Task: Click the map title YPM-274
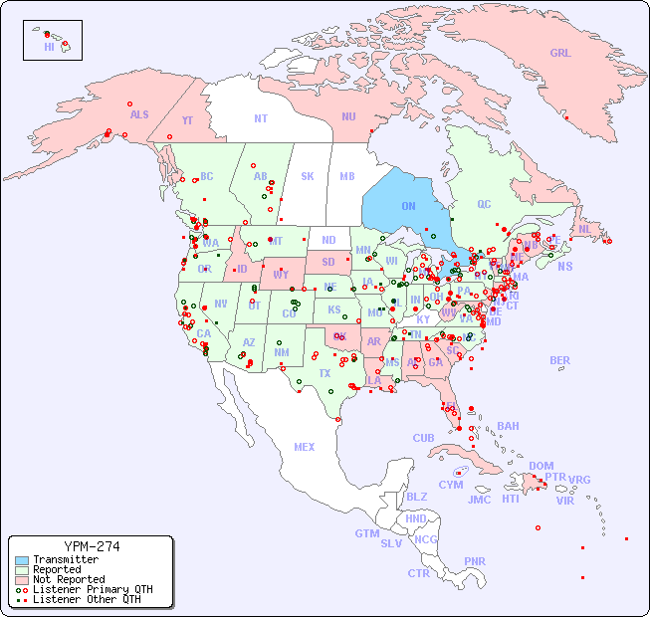(91, 546)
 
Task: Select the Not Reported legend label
(69, 579)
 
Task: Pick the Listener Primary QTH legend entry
(92, 589)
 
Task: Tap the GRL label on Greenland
(560, 54)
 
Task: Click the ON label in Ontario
(408, 206)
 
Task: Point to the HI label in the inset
(49, 47)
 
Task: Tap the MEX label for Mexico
(305, 447)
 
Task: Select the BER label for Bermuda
(560, 360)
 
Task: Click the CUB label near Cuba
(424, 439)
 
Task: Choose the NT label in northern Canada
(261, 117)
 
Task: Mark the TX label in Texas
(325, 373)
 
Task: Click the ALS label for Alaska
(139, 114)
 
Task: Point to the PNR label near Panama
(475, 561)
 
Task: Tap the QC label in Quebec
(484, 205)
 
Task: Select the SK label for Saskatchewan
(308, 176)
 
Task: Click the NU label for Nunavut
(348, 116)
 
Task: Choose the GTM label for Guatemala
(366, 533)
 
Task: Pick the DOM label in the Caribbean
(541, 466)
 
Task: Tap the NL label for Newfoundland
(585, 229)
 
